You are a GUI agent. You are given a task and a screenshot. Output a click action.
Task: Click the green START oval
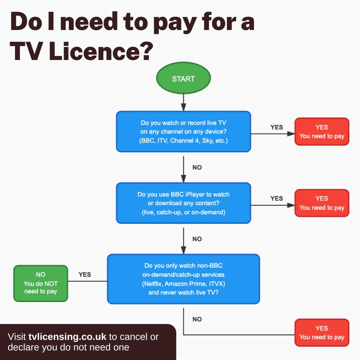click(183, 79)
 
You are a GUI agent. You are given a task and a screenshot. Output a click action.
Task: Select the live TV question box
click(183, 131)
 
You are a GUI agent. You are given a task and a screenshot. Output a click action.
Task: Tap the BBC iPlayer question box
click(183, 203)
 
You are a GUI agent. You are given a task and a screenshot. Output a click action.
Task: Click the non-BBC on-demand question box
click(183, 279)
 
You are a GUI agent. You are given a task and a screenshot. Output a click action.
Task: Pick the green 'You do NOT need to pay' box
click(40, 283)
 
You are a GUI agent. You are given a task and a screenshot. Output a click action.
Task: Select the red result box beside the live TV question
click(322, 132)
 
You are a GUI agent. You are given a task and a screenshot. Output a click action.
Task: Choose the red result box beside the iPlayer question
click(322, 203)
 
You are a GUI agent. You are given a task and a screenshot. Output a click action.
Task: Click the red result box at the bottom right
click(322, 333)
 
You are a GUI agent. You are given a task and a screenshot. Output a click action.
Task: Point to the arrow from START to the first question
click(183, 102)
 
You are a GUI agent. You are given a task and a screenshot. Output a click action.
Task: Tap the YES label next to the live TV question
click(276, 127)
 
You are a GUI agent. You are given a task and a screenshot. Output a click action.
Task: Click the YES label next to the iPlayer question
click(276, 199)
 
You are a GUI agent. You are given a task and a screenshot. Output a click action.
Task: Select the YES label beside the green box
click(85, 274)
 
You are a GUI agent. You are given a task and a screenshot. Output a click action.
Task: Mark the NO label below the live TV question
click(197, 167)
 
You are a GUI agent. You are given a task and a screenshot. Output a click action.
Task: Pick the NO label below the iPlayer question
click(197, 239)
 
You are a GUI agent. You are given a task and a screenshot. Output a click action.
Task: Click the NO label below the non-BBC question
click(197, 319)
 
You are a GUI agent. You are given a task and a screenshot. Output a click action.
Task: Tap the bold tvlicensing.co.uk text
click(67, 337)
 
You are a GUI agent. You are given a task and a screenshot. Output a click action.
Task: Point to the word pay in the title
click(175, 22)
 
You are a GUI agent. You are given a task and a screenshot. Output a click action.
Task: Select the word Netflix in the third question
click(152, 283)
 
